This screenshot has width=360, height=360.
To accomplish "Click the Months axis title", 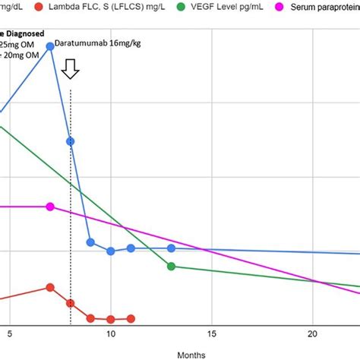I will tap(191, 354).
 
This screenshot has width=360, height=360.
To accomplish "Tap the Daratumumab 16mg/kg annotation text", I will tap(90, 45).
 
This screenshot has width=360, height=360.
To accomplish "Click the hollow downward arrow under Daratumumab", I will tap(71, 70).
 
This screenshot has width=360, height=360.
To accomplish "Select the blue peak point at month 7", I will tap(50, 46).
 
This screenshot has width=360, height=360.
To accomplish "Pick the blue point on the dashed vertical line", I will tap(71, 141).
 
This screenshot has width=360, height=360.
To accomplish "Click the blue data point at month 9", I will tap(90, 242).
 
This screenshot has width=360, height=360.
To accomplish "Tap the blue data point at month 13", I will tap(171, 248).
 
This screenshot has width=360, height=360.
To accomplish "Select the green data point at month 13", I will tap(171, 266).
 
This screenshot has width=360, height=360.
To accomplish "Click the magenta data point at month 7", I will tap(50, 207).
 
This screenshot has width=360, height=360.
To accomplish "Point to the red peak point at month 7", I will tap(50, 287).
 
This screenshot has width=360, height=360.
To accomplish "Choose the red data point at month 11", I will tap(131, 319).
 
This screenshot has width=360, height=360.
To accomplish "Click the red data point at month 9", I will tap(90, 318).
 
